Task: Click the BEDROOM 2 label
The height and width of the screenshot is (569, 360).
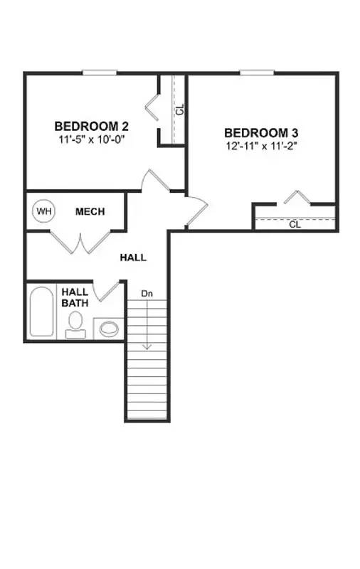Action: (91, 127)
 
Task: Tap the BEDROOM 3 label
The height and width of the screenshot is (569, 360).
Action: (260, 133)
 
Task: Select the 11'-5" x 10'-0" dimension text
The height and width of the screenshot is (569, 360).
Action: (91, 140)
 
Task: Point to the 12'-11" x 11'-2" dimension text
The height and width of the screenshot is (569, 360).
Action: (260, 147)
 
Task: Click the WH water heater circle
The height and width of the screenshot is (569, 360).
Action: (44, 211)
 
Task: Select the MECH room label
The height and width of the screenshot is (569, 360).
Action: (90, 211)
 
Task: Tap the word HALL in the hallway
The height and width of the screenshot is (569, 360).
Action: (133, 257)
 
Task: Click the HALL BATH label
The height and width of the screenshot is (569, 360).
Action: (75, 297)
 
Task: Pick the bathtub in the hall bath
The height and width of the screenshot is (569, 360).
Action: (42, 311)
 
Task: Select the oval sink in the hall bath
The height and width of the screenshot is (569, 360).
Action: (108, 328)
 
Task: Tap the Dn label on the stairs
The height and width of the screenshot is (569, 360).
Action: (147, 293)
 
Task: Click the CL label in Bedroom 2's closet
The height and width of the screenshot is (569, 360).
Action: (180, 110)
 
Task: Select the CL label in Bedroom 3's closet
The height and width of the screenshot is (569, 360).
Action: (295, 225)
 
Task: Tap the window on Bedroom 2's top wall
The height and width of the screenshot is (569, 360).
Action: (100, 72)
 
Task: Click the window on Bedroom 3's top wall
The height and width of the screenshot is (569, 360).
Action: (257, 72)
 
